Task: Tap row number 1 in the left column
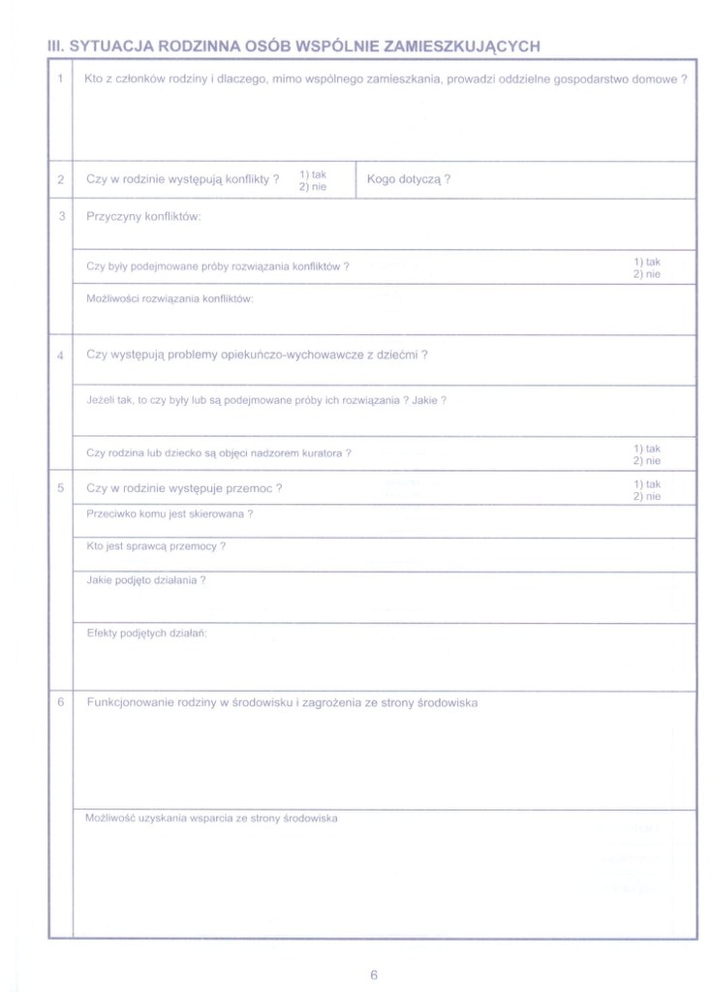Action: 60,79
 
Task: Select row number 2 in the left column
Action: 60,179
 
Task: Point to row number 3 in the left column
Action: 60,216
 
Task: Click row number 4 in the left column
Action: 60,355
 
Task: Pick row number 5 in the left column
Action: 60,488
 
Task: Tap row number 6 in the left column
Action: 60,702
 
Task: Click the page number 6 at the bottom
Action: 373,975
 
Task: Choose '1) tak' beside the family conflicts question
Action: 313,174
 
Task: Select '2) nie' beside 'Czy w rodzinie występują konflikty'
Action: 313,186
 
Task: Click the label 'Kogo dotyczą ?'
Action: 409,179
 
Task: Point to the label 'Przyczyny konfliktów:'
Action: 143,216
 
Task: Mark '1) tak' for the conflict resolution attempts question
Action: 647,262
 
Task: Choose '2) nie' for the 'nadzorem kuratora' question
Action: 647,461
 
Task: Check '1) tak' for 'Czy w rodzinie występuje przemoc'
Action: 647,483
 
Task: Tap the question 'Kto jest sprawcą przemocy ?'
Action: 156,546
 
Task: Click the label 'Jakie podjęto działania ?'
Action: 145,580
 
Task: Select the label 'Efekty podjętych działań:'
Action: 147,633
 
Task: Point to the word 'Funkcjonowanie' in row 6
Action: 131,702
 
